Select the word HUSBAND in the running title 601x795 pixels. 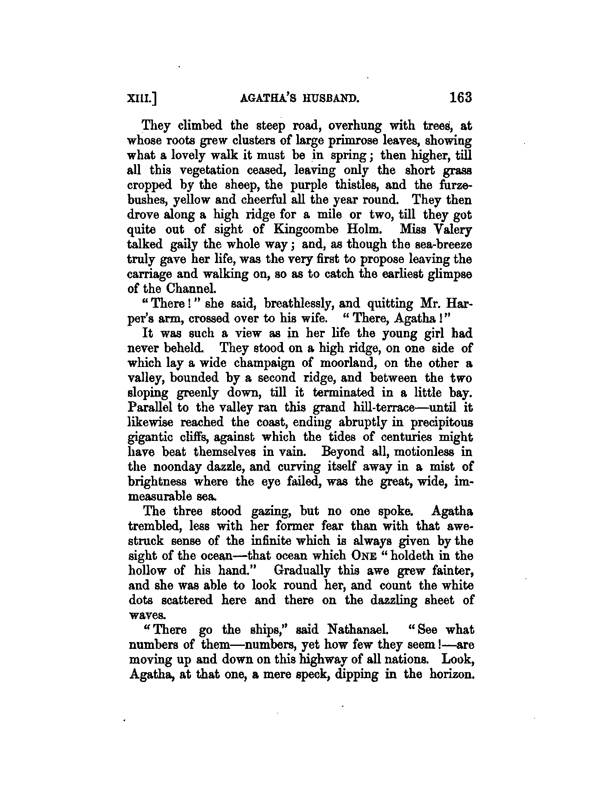pos(329,99)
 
